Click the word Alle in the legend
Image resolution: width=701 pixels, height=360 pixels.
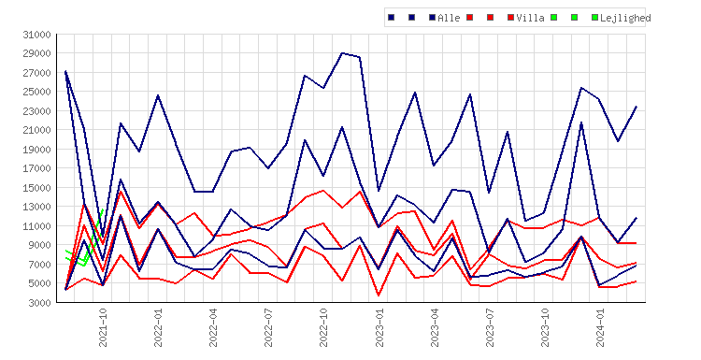[x=449, y=18]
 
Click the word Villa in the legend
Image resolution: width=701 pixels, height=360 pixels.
[x=530, y=18]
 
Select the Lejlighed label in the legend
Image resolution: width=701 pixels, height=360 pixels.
[x=625, y=18]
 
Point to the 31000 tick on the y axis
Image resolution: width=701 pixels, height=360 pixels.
[x=36, y=35]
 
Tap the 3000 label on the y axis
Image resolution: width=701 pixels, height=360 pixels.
[x=39, y=303]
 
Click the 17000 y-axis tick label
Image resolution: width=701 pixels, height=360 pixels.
[x=36, y=168]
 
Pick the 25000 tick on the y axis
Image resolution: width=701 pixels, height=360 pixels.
[x=36, y=92]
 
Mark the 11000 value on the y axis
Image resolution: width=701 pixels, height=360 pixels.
[x=36, y=226]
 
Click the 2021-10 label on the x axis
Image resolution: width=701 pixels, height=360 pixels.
[x=103, y=327]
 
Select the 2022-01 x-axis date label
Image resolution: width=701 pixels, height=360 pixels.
[x=158, y=327]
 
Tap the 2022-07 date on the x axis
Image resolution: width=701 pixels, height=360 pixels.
[x=268, y=327]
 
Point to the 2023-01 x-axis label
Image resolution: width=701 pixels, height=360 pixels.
[x=379, y=327]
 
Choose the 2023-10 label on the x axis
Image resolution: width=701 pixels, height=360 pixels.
[x=545, y=327]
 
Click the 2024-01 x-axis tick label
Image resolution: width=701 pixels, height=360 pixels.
[x=600, y=327]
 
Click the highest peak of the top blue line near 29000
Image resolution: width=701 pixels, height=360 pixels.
[x=342, y=52]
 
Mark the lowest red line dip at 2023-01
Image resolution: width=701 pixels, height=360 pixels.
[x=379, y=295]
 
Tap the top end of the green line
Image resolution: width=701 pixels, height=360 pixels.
[x=103, y=209]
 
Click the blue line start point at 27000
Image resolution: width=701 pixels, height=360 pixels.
[x=65, y=71]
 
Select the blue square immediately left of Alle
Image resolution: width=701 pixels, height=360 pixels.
[x=432, y=18]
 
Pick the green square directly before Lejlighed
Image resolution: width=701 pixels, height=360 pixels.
[x=594, y=18]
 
